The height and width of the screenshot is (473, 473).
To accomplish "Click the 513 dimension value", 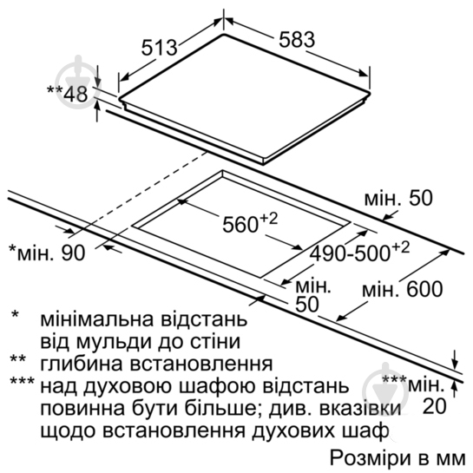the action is [x=160, y=48].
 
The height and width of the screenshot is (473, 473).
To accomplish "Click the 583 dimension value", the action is [x=297, y=40].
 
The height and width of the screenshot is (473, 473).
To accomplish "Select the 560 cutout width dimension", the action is [x=250, y=223].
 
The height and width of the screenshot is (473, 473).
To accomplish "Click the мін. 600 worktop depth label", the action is [x=403, y=289].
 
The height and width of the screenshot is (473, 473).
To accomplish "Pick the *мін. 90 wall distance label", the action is [x=48, y=253].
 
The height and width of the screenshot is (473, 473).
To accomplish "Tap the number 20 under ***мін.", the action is [x=435, y=406].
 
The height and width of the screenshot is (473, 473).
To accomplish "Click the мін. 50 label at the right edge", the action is [x=398, y=198].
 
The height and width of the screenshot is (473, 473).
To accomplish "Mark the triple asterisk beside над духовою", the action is [x=23, y=381].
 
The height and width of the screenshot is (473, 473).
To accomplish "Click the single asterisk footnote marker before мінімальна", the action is [x=15, y=314].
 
